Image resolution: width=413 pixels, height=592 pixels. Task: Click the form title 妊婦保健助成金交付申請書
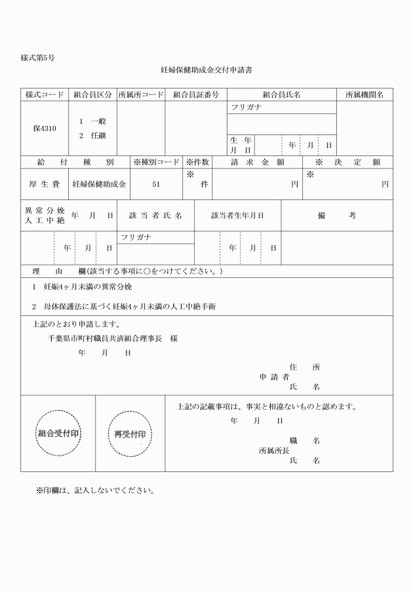206,68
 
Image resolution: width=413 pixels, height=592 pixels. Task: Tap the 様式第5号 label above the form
37,58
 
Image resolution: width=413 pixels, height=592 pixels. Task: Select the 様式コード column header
45,95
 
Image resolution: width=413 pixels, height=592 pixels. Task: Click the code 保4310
45,128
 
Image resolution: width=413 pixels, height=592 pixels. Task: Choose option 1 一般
93,121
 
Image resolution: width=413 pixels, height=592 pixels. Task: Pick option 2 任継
93,135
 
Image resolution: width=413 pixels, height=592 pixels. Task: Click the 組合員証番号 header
195,95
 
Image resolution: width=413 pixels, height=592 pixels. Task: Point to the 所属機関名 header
364,95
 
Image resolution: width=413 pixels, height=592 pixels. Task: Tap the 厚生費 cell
45,184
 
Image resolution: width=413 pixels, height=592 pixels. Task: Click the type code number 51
156,184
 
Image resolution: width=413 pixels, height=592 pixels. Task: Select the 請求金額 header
257,162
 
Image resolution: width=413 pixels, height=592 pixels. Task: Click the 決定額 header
348,162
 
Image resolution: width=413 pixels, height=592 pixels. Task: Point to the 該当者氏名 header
155,215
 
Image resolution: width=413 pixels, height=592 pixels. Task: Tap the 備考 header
337,215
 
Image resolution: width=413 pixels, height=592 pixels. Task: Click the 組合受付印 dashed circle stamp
58,433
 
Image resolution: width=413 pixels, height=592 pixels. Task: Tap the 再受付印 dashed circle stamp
130,433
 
